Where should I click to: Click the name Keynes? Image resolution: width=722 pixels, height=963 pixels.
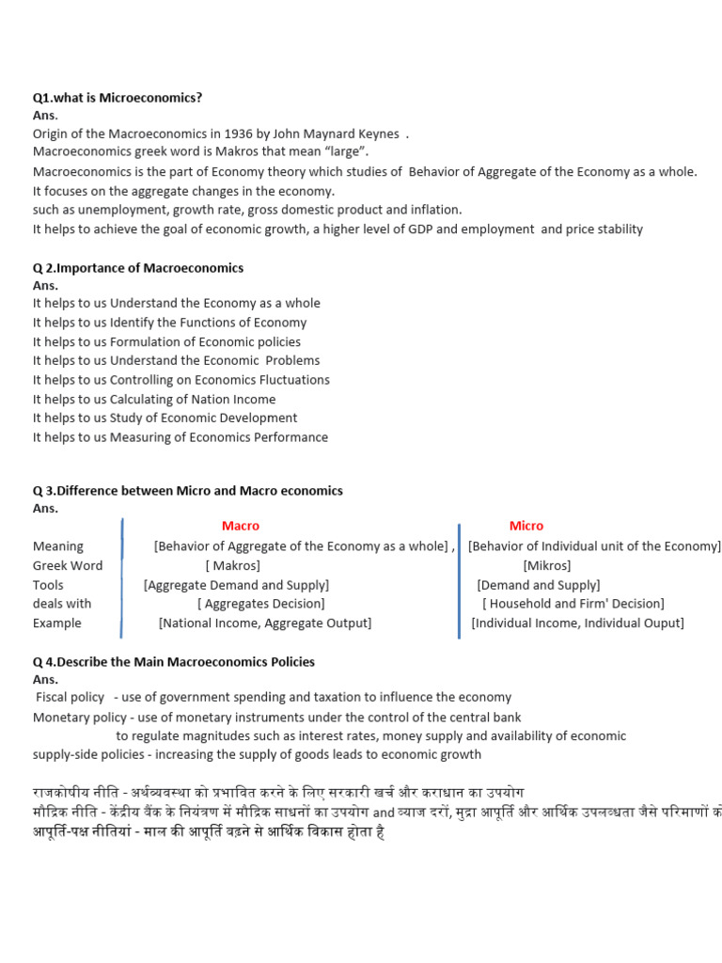pyautogui.click(x=377, y=134)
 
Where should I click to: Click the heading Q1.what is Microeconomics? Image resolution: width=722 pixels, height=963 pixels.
pyautogui.click(x=118, y=98)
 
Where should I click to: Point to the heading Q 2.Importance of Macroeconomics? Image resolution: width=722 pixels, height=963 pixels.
pyautogui.click(x=138, y=268)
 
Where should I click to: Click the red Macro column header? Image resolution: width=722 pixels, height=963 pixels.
pyautogui.click(x=241, y=526)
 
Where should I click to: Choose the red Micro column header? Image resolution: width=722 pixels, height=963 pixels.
pyautogui.click(x=526, y=526)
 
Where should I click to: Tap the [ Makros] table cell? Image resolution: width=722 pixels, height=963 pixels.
pyautogui.click(x=232, y=565)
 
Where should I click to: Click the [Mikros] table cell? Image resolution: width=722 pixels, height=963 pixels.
pyautogui.click(x=546, y=565)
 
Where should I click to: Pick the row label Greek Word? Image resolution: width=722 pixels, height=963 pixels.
pyautogui.click(x=68, y=565)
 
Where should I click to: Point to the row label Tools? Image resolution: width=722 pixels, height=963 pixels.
pyautogui.click(x=49, y=585)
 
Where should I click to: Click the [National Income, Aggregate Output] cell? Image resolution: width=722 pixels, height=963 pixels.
pyautogui.click(x=265, y=623)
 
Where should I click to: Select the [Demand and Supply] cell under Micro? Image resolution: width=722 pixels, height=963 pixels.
pyautogui.click(x=538, y=585)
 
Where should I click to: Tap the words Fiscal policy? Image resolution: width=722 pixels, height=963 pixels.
pyautogui.click(x=70, y=697)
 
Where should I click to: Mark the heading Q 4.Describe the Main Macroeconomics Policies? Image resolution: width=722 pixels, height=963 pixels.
pyautogui.click(x=174, y=662)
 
